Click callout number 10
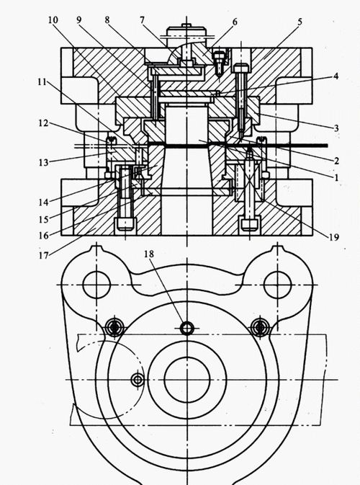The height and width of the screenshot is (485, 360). tap(53, 20)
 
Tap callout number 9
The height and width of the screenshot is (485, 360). tap(79, 20)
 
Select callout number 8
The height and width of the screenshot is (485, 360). tap(107, 20)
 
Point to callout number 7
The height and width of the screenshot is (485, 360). tap(142, 20)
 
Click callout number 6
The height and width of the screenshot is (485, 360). tap(235, 22)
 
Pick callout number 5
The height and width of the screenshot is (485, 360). tap(300, 22)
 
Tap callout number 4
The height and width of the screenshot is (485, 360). tap(336, 76)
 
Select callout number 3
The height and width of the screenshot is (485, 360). tap(336, 128)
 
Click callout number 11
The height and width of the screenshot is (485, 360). tap(42, 82)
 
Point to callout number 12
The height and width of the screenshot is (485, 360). tap(44, 123)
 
